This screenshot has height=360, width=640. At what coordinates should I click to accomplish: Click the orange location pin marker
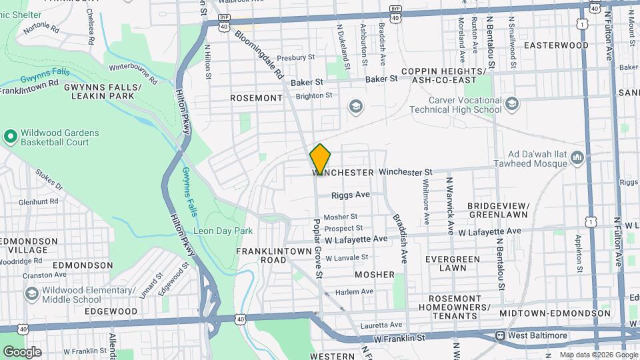click(x=320, y=159)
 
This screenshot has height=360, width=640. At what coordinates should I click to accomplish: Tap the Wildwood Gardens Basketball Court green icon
click(x=10, y=137)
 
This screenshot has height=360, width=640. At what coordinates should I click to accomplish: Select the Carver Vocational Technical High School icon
click(x=511, y=103)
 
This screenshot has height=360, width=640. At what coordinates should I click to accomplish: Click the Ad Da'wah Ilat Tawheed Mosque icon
click(x=577, y=158)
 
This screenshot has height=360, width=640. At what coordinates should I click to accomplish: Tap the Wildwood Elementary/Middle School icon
click(x=31, y=293)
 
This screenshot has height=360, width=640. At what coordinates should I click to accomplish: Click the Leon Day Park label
click(x=223, y=231)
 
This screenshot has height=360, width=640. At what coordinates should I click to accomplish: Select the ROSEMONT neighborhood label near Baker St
click(x=256, y=98)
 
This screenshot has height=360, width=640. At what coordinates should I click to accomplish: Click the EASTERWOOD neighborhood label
click(x=556, y=45)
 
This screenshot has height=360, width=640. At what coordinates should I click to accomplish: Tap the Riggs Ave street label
click(x=351, y=195)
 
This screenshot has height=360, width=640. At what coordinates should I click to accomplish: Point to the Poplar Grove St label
click(x=319, y=247)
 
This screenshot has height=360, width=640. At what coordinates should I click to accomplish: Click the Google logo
click(x=22, y=351)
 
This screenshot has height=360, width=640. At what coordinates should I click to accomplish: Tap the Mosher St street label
click(x=341, y=217)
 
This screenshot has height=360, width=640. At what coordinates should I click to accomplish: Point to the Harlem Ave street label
click(x=354, y=291)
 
